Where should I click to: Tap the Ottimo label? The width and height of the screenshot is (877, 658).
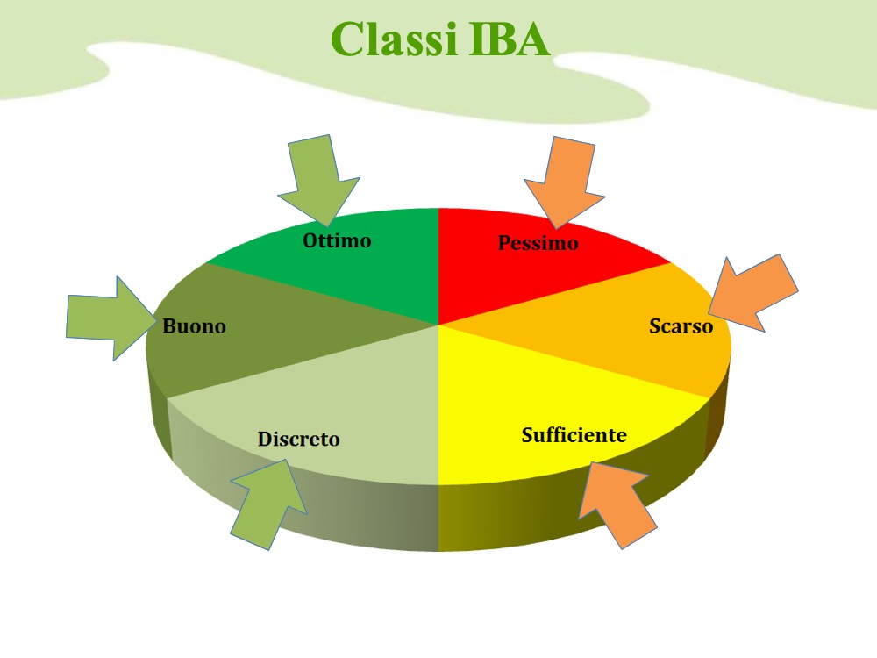click(x=337, y=240)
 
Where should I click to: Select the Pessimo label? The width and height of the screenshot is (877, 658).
click(x=538, y=243)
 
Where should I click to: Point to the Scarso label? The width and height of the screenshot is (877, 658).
click(x=681, y=326)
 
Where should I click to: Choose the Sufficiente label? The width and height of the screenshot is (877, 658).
click(x=574, y=435)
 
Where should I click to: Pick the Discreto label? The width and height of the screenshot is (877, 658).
click(x=298, y=440)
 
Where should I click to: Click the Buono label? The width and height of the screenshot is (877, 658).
click(x=194, y=326)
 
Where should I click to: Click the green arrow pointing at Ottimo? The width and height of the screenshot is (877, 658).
click(x=316, y=180)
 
